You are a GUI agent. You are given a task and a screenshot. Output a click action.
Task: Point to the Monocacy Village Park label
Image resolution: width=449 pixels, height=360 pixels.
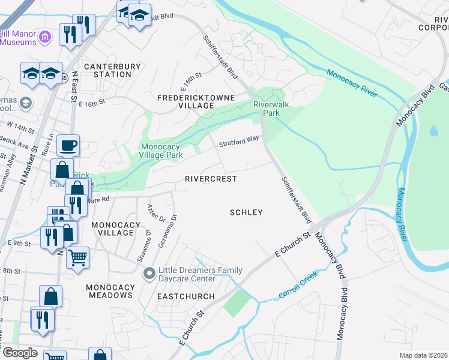point(161,150)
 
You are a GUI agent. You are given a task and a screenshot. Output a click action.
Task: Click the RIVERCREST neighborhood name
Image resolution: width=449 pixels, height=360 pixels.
point(210,179)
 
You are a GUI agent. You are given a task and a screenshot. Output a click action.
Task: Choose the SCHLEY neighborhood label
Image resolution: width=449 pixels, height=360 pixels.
point(247,212)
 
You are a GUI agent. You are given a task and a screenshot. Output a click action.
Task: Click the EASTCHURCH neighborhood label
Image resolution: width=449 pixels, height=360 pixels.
point(186,296)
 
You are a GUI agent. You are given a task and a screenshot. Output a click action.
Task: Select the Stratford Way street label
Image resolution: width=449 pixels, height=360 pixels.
point(239,141)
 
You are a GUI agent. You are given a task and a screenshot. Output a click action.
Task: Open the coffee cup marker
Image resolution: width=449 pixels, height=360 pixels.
point(68,145)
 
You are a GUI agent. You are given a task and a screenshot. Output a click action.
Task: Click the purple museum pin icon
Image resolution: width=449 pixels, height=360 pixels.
point(44,38)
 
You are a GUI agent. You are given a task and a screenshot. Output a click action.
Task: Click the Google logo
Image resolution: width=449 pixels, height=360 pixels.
point(19,353)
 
